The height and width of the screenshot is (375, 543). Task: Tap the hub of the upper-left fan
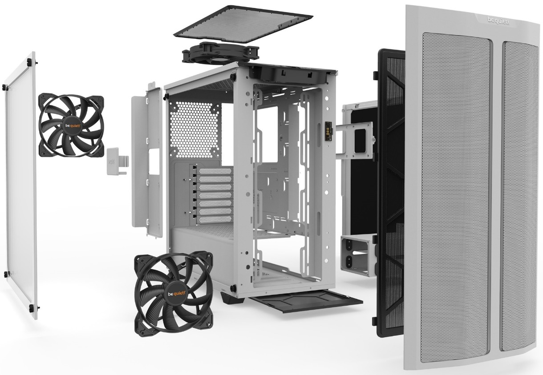72,126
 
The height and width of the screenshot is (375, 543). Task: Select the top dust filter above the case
243,24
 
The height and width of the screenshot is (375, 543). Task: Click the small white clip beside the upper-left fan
118,161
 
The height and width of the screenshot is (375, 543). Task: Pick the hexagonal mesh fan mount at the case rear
195,129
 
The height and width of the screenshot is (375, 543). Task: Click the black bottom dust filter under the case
307,301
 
